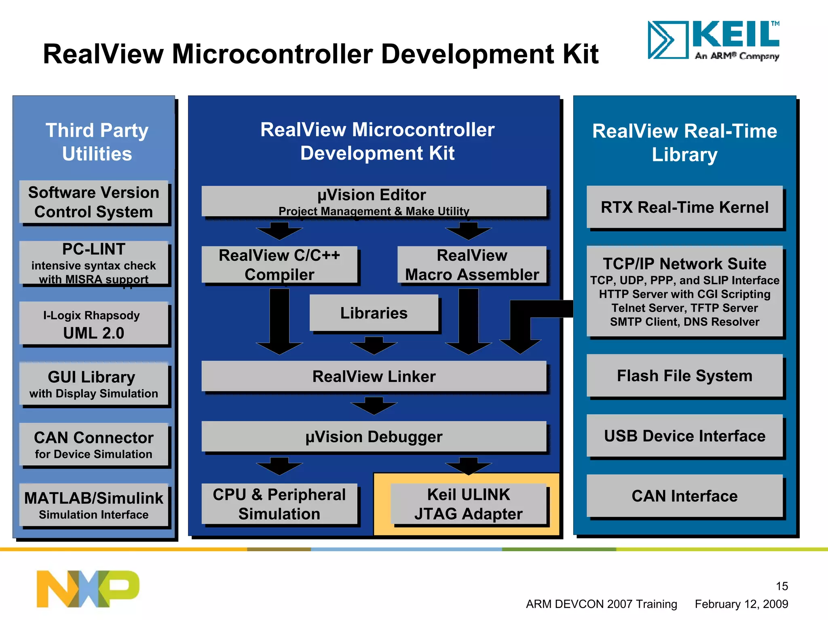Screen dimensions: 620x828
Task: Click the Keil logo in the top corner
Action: tap(713, 40)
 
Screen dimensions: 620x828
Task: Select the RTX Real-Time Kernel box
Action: tap(684, 207)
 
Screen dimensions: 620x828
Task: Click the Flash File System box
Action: tap(684, 376)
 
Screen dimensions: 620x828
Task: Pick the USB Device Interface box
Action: tap(684, 436)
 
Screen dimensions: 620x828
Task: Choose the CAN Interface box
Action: tap(684, 496)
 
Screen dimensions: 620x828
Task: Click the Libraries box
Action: tap(374, 313)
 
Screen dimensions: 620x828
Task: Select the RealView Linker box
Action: tap(374, 376)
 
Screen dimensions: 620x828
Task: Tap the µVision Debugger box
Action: tap(374, 437)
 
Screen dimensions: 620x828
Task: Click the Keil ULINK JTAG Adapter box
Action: tap(468, 504)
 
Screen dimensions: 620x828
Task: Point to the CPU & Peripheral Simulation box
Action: tap(279, 504)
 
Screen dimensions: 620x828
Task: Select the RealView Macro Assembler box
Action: tap(471, 265)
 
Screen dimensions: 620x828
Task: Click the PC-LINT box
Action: tap(93, 263)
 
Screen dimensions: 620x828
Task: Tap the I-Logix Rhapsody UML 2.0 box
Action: tap(93, 323)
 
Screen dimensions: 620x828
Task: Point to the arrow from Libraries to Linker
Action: tap(374, 346)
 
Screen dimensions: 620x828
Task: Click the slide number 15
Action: tap(782, 586)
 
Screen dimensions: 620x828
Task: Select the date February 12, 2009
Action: tap(741, 604)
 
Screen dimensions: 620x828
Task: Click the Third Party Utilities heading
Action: tap(97, 142)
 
